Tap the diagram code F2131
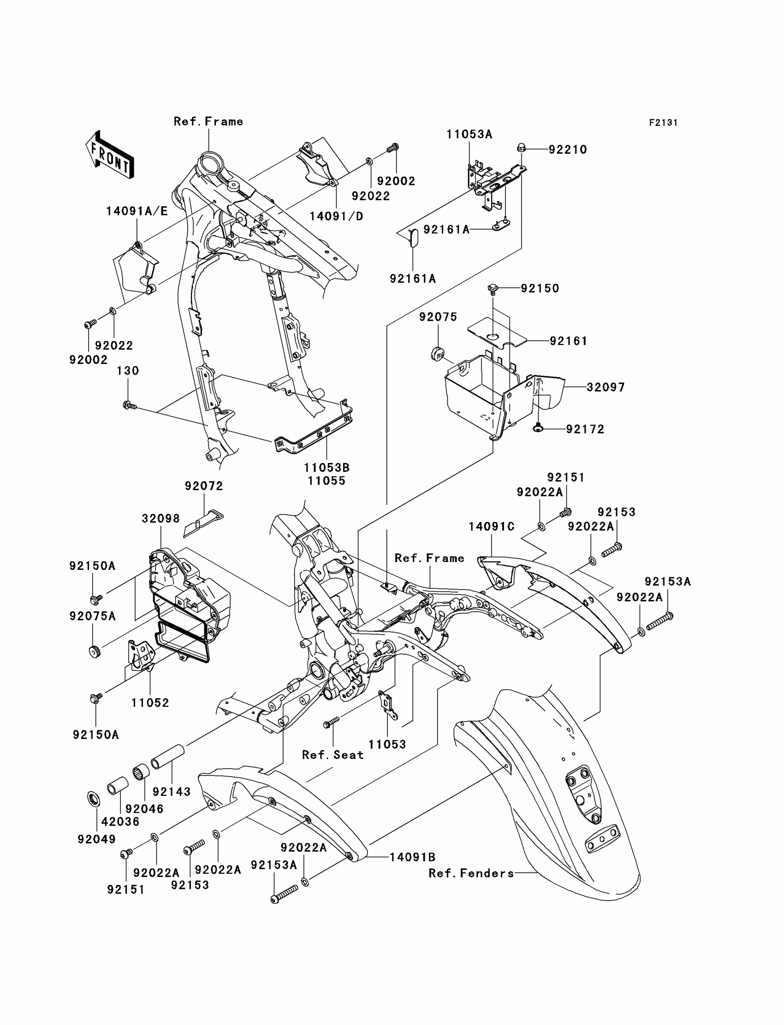(663, 123)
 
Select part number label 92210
(567, 150)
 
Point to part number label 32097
(606, 387)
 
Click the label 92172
(585, 429)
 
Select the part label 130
(128, 370)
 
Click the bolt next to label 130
(129, 405)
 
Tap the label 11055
(326, 480)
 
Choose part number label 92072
(204, 486)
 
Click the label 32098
(161, 519)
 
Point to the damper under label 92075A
(95, 652)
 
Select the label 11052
(150, 703)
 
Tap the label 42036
(120, 822)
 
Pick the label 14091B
(413, 857)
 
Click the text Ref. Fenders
(471, 873)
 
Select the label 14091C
(492, 527)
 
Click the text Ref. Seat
(333, 755)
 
